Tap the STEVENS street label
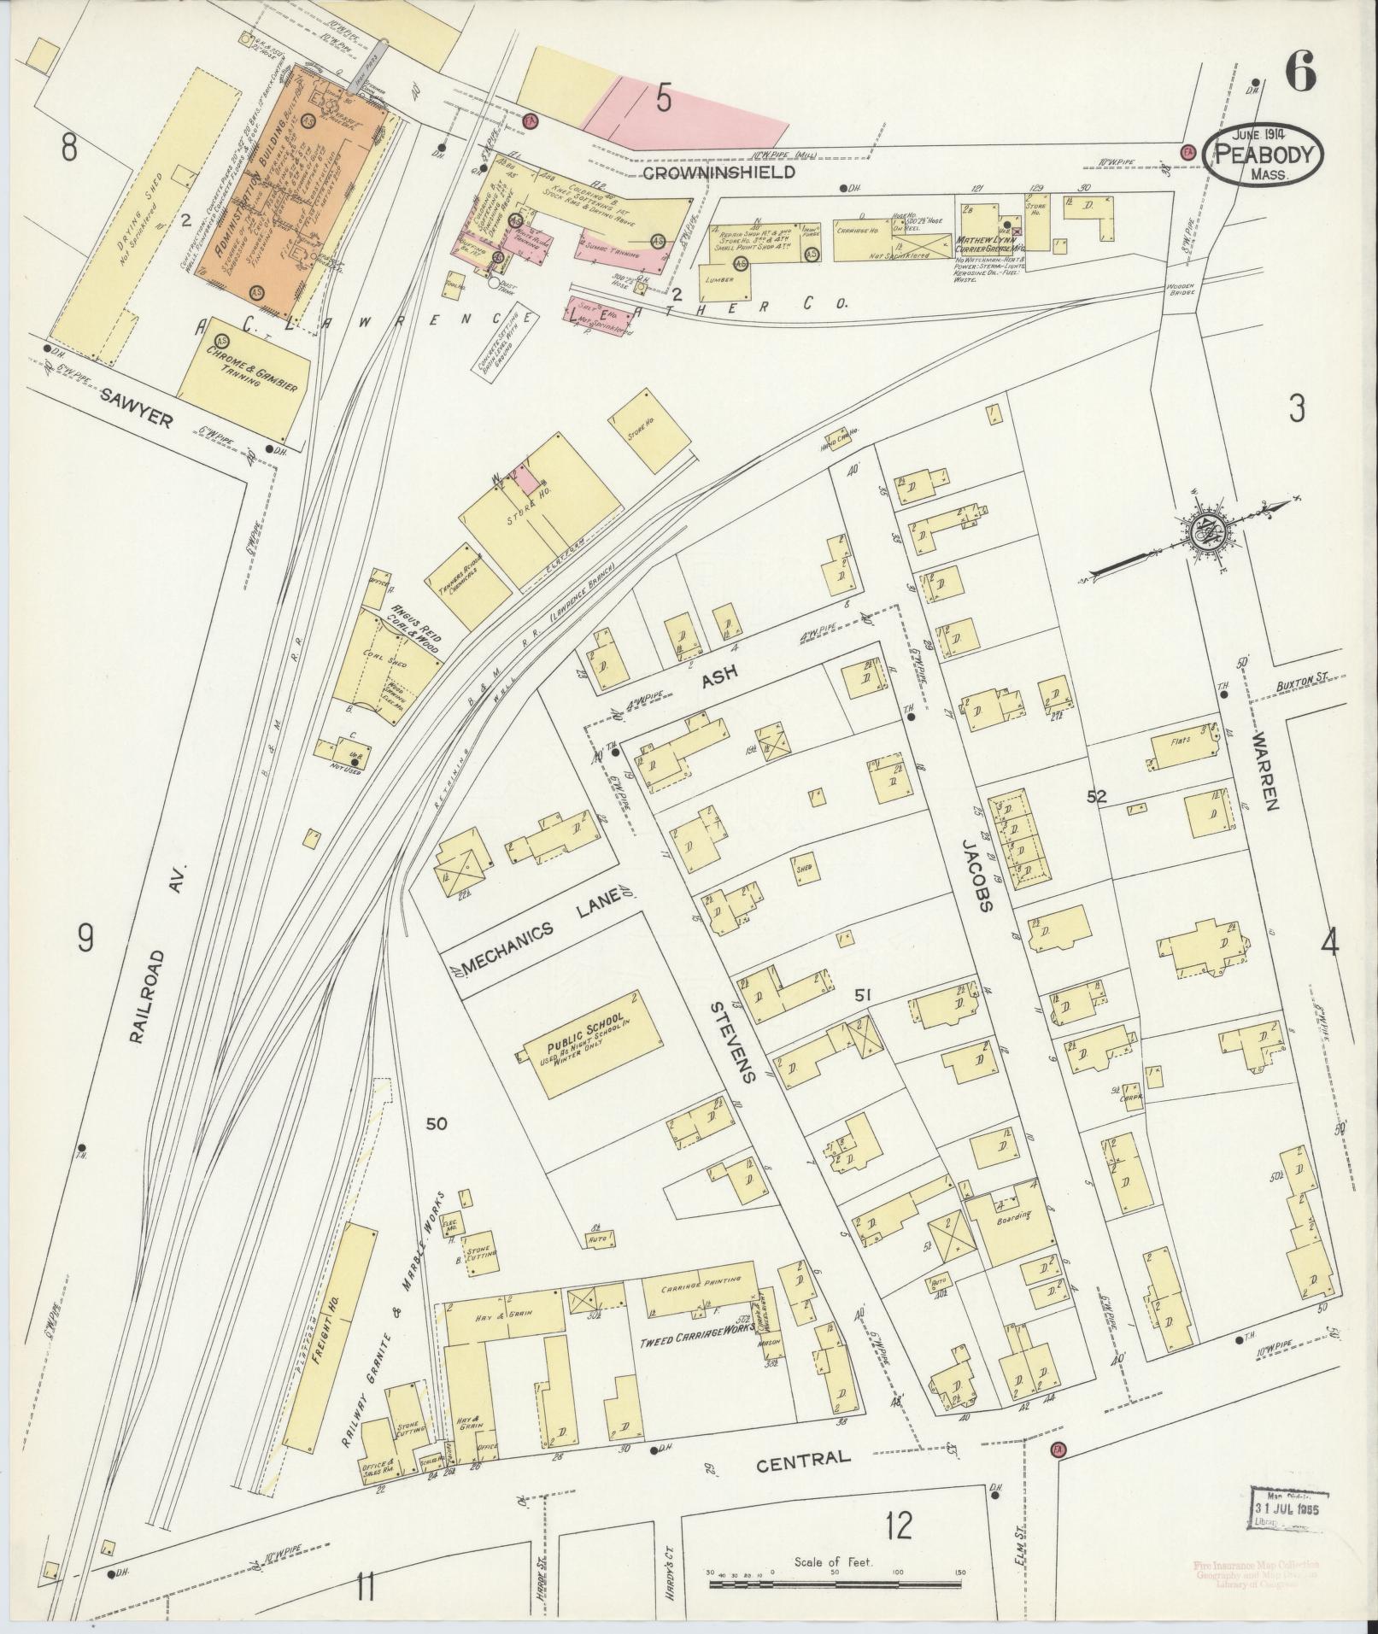coord(731,1041)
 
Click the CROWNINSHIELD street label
coord(718,172)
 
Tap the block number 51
coord(862,993)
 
